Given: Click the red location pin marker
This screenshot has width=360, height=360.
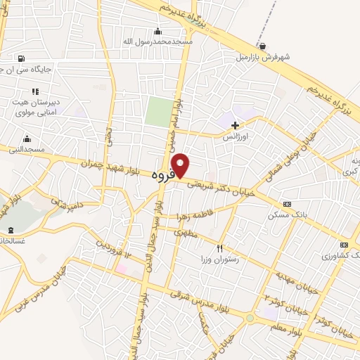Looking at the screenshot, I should [x=181, y=166].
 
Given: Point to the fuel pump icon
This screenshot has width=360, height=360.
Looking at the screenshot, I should [x=20, y=58].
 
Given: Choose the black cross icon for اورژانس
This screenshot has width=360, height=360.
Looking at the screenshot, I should [x=235, y=124].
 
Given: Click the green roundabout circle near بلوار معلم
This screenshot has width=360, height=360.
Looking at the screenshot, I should [x=251, y=319].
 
